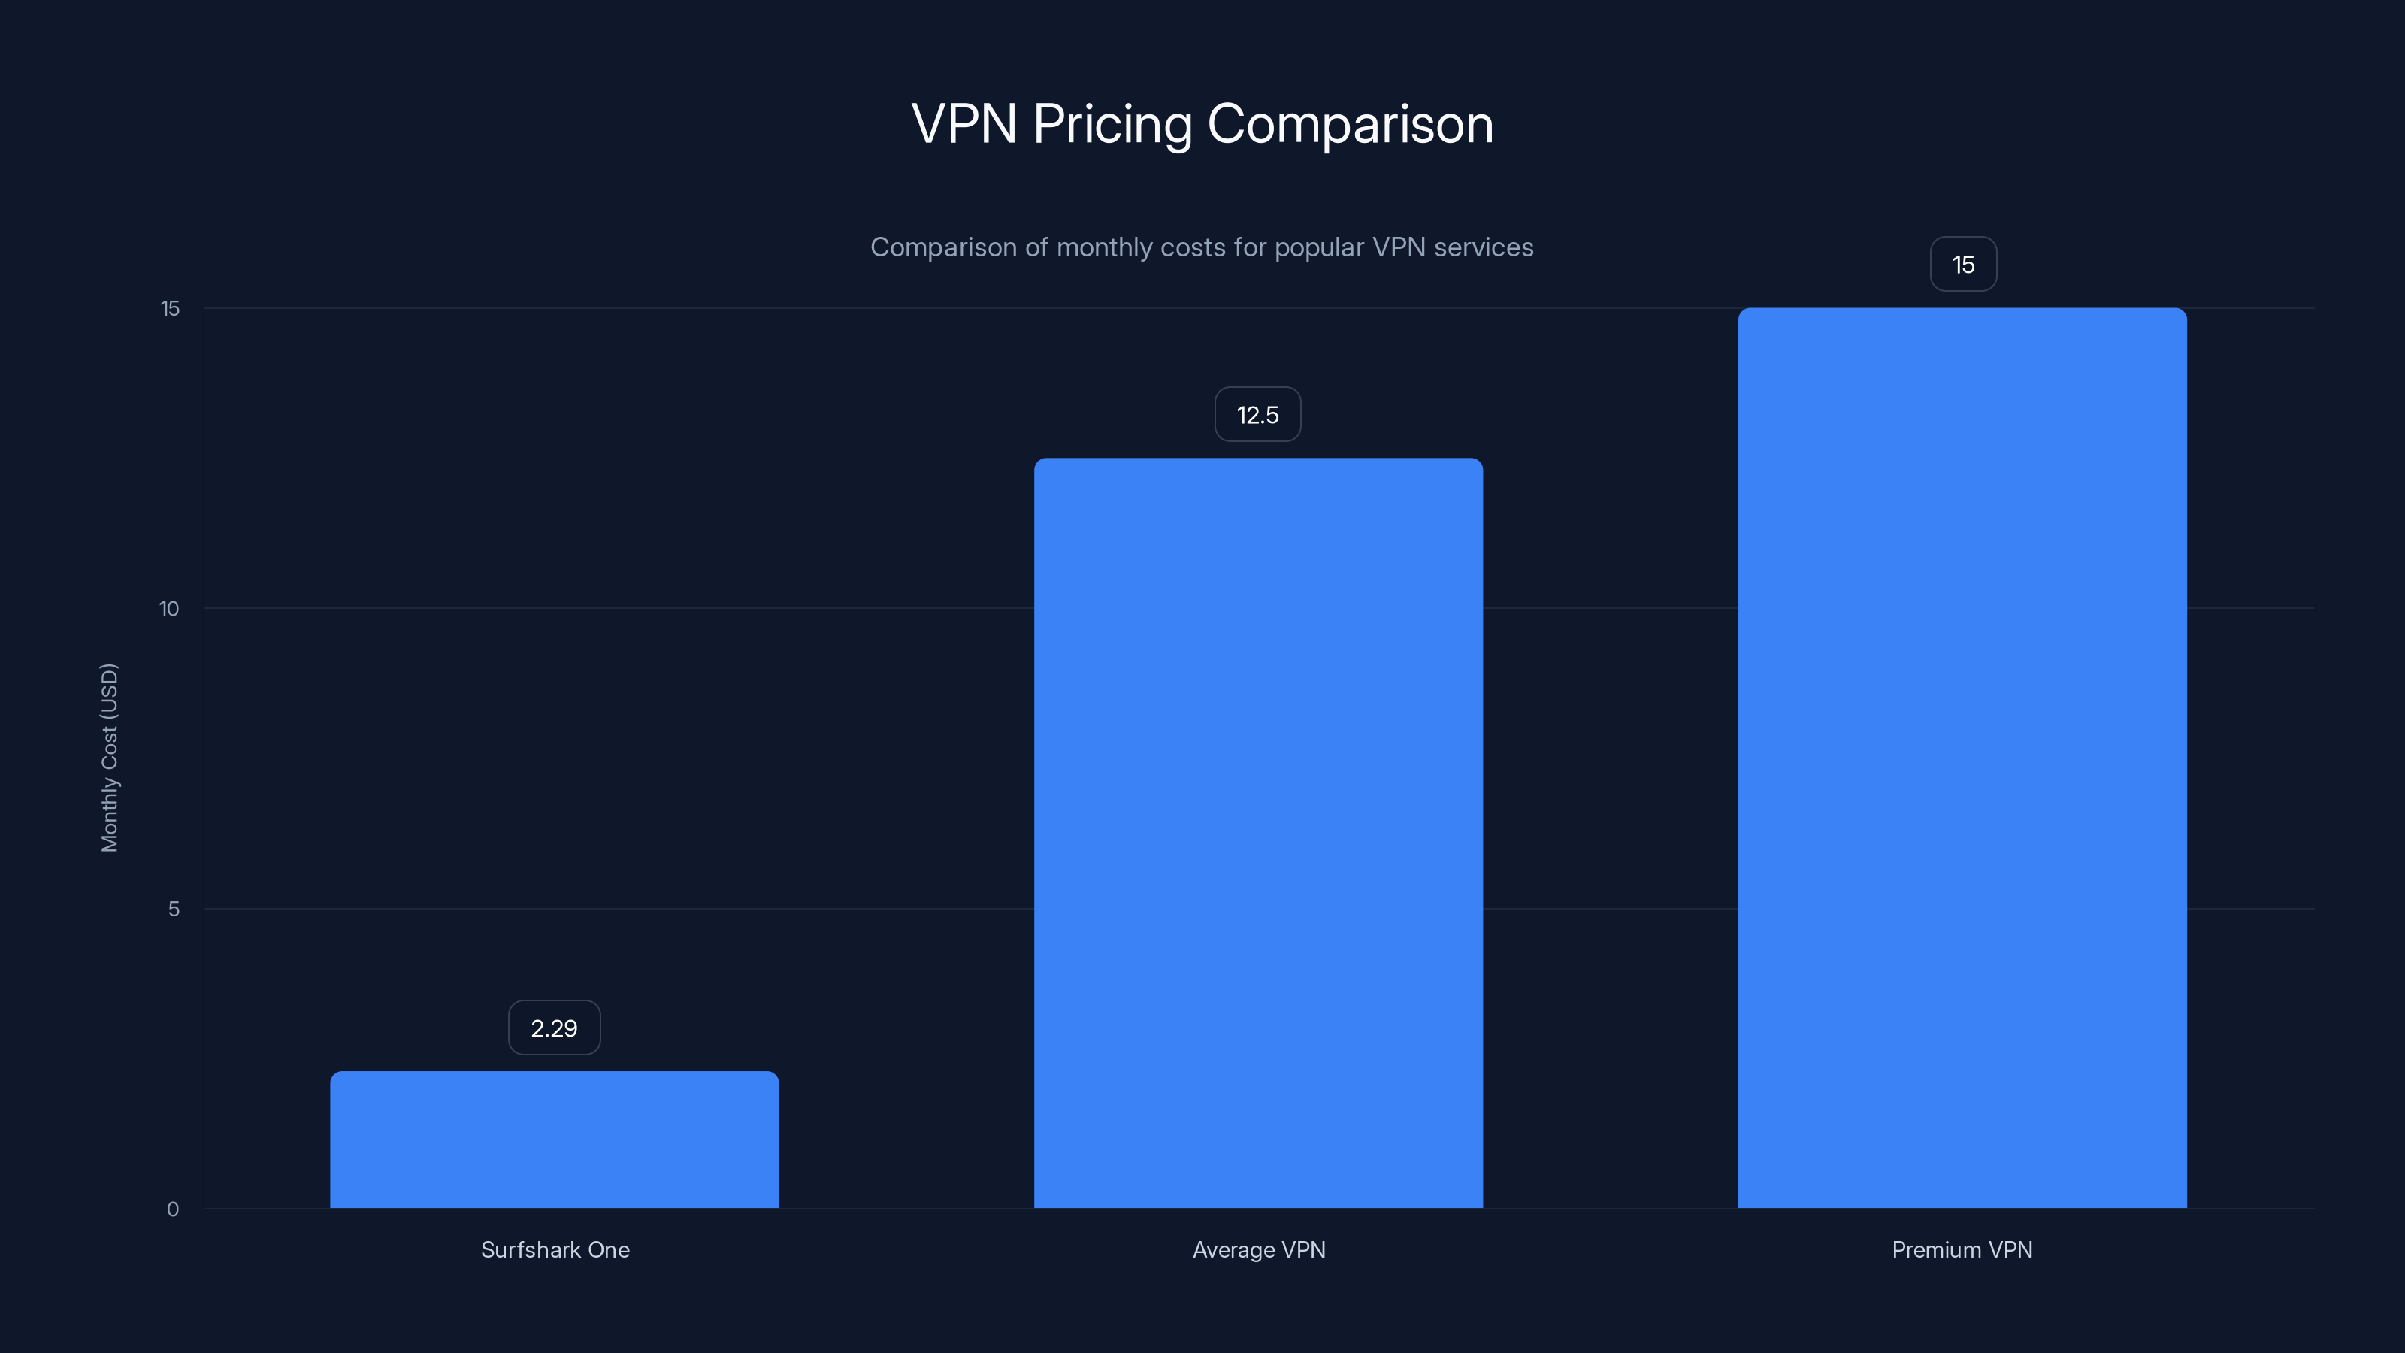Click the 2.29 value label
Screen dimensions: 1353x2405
554,1028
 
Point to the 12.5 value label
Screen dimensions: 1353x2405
1257,415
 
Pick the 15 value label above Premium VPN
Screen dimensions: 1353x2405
1962,265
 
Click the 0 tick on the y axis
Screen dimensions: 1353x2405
173,1209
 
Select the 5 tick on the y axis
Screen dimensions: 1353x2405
174,909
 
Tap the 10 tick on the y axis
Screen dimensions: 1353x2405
169,609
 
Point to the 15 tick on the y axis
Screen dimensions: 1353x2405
170,308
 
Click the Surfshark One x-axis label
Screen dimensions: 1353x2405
555,1249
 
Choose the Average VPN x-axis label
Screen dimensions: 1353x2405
1259,1249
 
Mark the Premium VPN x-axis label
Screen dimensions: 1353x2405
1962,1249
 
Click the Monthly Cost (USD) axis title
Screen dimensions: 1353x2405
109,757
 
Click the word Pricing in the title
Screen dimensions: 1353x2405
1112,125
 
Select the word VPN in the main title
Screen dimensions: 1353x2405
964,123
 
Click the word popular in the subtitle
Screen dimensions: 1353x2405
1318,247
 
